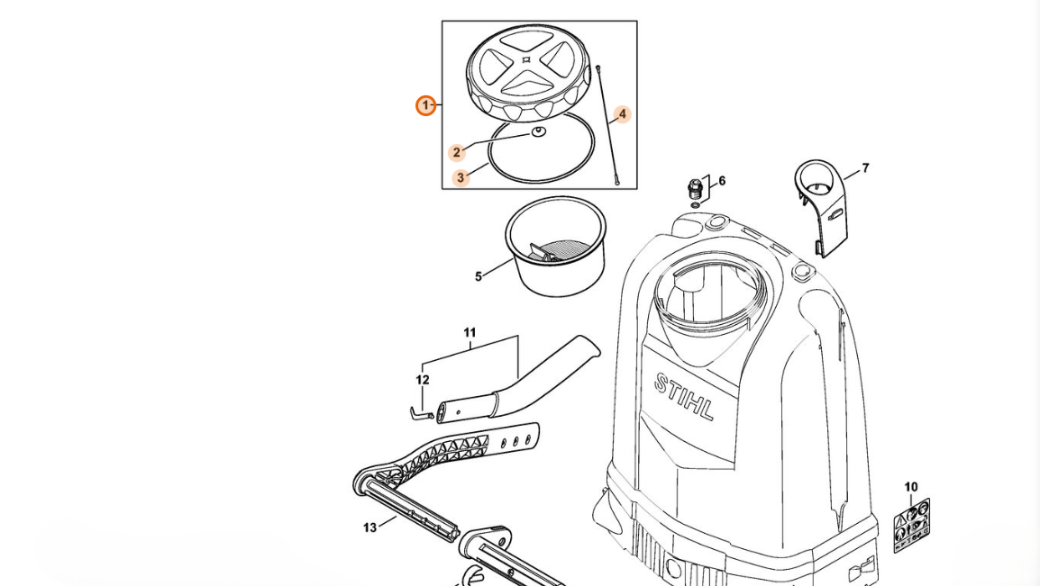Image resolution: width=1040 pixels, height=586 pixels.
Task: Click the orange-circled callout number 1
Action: click(x=426, y=106)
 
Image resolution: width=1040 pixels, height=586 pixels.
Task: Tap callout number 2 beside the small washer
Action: click(x=457, y=152)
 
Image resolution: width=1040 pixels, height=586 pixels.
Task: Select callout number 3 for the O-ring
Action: click(x=461, y=177)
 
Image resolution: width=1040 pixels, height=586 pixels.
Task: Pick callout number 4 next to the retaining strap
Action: click(x=621, y=114)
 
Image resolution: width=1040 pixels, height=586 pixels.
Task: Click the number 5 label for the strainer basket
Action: click(x=479, y=276)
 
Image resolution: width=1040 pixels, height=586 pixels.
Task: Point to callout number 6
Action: click(x=722, y=181)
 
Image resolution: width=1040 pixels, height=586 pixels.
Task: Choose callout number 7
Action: click(x=865, y=168)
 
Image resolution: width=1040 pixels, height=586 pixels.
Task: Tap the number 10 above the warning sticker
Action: click(x=911, y=487)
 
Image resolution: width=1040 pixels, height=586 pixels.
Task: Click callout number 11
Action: click(x=470, y=333)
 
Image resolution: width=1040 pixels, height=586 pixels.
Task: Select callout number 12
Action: click(x=423, y=380)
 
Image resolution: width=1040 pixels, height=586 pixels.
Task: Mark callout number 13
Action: click(x=369, y=527)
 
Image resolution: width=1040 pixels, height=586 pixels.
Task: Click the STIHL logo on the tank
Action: click(x=684, y=396)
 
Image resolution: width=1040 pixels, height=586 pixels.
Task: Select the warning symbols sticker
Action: click(x=911, y=525)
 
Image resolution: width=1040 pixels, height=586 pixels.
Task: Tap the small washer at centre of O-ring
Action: click(x=538, y=132)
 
